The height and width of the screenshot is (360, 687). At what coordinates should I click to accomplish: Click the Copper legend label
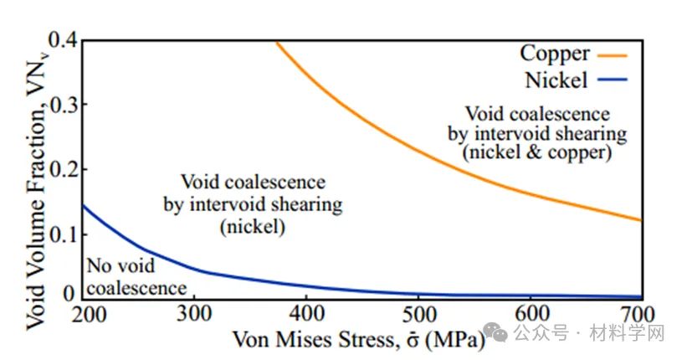pos(555,54)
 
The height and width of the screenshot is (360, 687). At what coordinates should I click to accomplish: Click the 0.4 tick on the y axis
pos(59,39)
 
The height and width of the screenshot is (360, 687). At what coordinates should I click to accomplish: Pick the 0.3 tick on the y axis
pos(59,104)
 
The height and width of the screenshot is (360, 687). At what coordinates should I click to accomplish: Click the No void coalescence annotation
pos(136,277)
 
